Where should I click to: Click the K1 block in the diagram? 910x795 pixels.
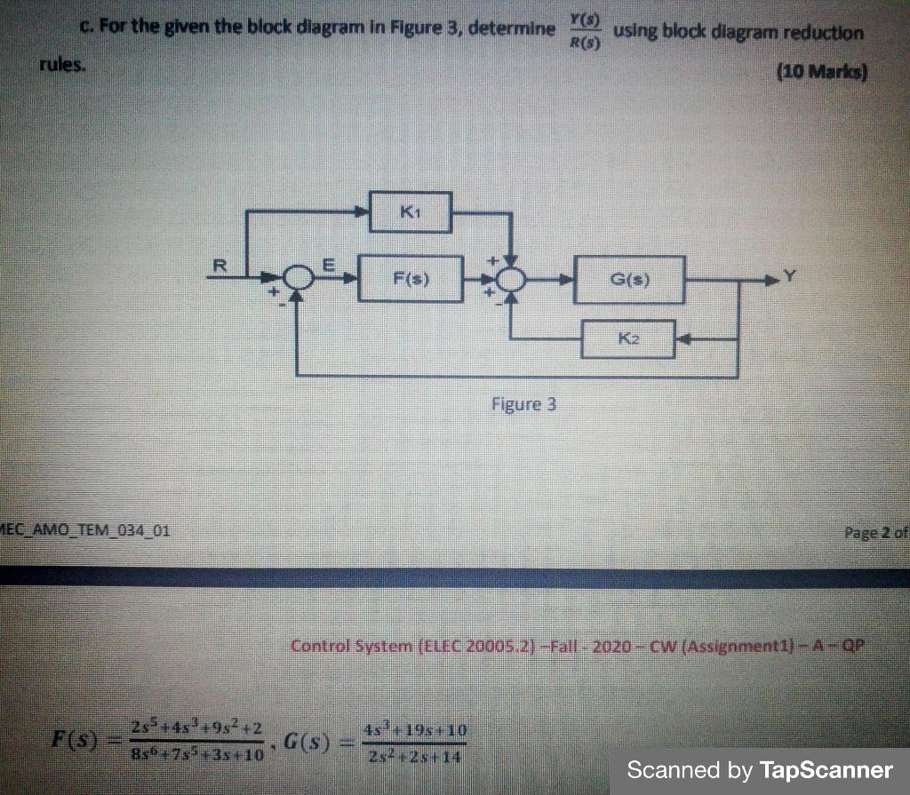pos(410,211)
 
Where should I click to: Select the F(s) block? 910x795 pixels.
pos(410,279)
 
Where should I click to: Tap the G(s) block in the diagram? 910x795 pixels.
pos(629,280)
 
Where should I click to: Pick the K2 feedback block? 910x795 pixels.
pos(627,338)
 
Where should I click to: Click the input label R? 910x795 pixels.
pos(220,264)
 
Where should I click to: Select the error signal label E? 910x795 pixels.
pos(326,263)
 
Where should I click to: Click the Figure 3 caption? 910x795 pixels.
pos(523,405)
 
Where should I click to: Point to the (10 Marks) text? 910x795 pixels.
pos(820,70)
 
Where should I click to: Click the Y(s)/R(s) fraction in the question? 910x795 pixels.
pos(584,31)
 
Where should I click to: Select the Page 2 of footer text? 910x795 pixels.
pos(874,533)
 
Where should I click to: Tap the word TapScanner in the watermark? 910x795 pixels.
pos(826,769)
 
